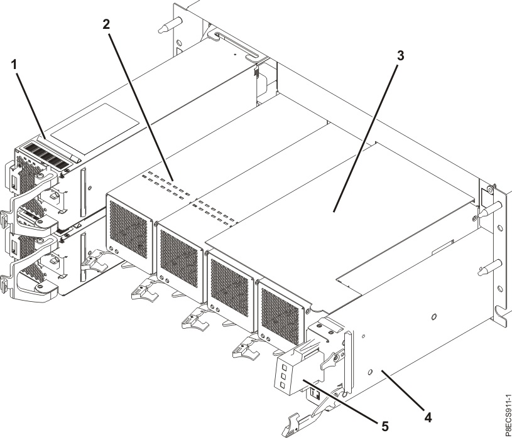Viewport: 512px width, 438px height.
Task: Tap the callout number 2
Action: tap(106, 24)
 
